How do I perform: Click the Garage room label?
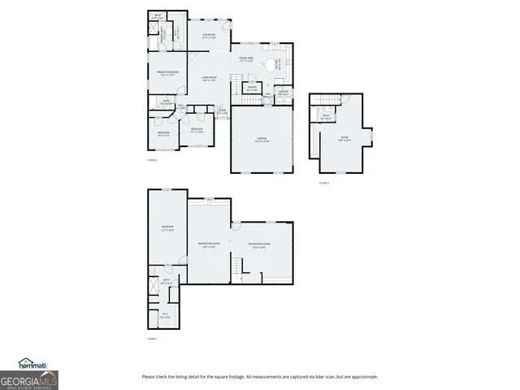pos(262,140)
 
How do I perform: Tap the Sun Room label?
pos(208,36)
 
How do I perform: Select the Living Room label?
pos(208,79)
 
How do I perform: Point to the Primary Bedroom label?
pos(167,74)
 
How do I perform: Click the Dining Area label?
pos(247,59)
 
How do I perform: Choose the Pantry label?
pos(252,87)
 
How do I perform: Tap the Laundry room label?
pos(284,92)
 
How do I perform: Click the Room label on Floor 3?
pos(344,141)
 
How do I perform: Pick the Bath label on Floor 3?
pos(326,116)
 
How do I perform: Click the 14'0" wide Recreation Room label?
pos(209,245)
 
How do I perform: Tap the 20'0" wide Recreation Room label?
pos(260,245)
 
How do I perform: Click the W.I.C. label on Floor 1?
pos(165,314)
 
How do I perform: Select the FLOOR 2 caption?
pos(152,160)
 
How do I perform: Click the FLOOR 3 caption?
pos(323,183)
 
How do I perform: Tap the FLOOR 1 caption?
pos(152,338)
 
